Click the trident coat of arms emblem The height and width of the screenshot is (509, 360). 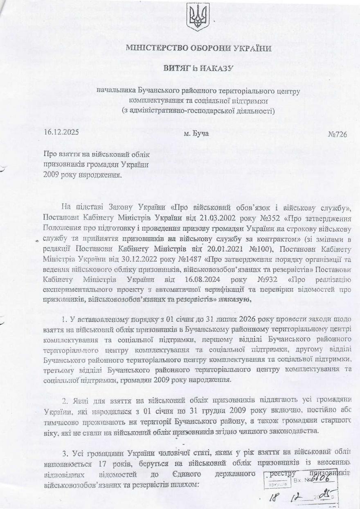[x=198, y=17]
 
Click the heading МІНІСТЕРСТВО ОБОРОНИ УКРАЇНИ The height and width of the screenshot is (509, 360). [x=198, y=48]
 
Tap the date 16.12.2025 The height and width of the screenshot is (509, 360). [x=61, y=133]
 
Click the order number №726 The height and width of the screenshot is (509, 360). [x=337, y=134]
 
